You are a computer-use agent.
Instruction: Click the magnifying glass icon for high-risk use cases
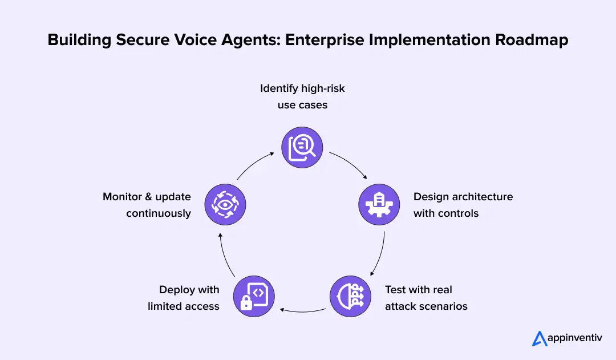pos(302,148)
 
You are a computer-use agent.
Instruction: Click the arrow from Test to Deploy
pos(302,310)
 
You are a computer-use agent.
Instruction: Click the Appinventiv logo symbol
pos(540,338)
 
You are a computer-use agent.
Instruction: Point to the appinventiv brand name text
pos(576,338)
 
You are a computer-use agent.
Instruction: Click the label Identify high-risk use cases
pos(302,96)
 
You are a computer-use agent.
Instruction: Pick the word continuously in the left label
pos(159,213)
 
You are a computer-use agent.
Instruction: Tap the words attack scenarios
pos(426,306)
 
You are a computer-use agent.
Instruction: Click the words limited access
pos(184,306)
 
